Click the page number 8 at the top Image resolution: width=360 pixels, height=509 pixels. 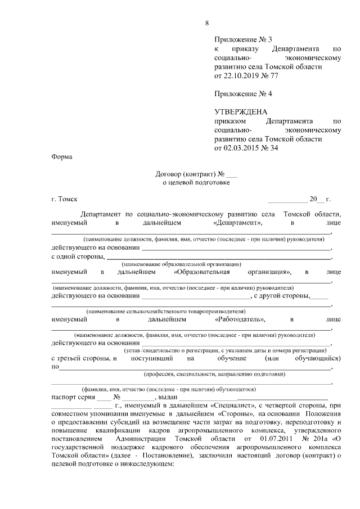click(x=207, y=23)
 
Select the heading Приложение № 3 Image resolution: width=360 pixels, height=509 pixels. click(x=243, y=39)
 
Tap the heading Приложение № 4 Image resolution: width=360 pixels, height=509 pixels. click(x=243, y=93)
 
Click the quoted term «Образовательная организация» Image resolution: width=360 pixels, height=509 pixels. click(x=232, y=272)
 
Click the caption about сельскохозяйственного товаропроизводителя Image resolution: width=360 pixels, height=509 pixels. click(x=165, y=311)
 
